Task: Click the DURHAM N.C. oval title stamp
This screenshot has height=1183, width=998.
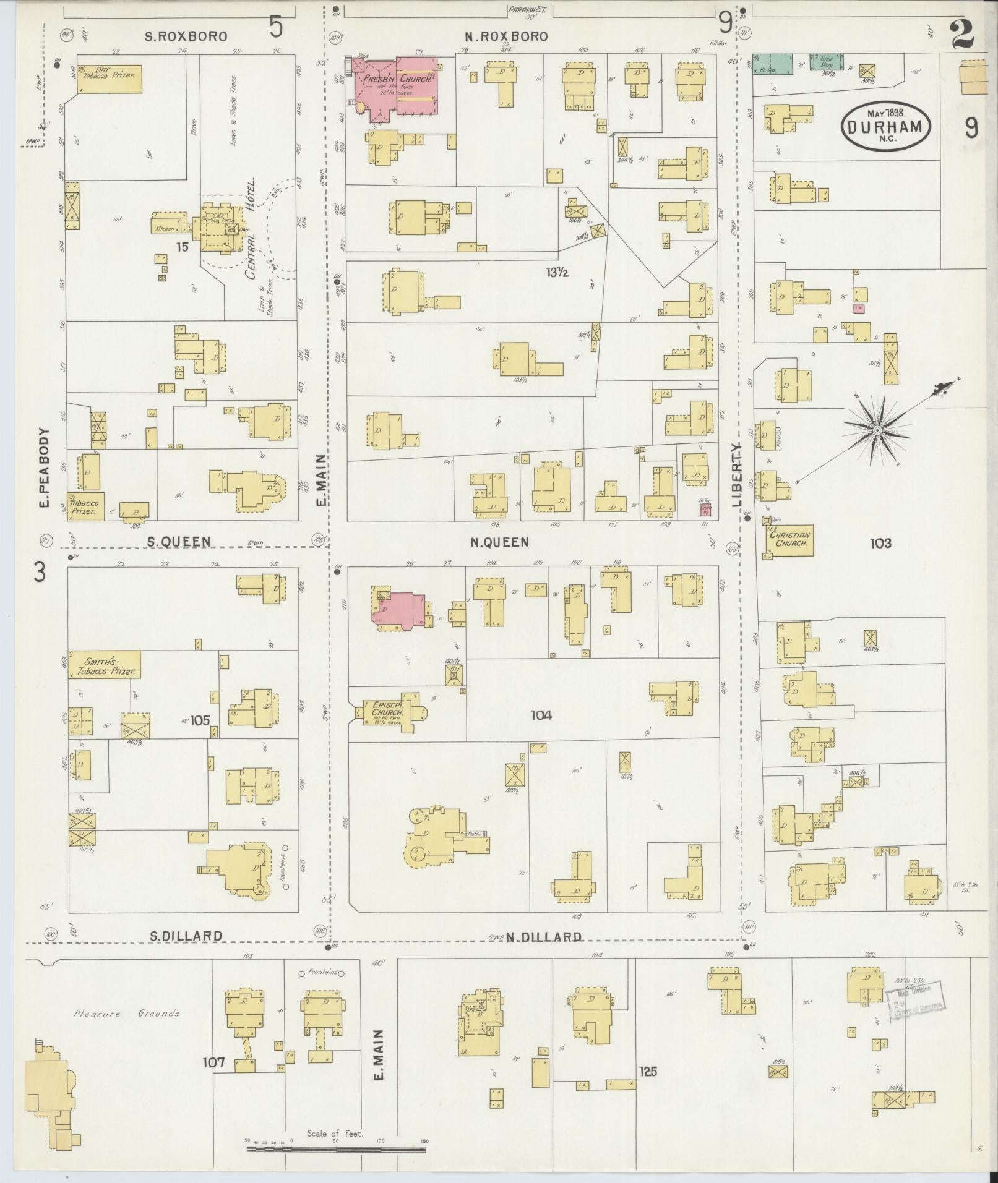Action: click(885, 126)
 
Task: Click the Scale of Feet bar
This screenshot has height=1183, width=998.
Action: click(336, 1149)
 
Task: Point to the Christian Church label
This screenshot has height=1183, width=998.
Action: click(789, 539)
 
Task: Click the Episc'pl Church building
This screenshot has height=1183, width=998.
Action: click(389, 712)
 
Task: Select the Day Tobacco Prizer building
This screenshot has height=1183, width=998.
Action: click(110, 79)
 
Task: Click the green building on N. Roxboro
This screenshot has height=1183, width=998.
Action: click(773, 64)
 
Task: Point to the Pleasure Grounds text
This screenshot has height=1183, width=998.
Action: click(127, 1014)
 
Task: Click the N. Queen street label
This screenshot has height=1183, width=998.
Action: click(499, 542)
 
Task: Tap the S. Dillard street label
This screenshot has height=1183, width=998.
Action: click(186, 953)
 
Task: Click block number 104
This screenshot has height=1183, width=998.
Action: click(541, 715)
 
